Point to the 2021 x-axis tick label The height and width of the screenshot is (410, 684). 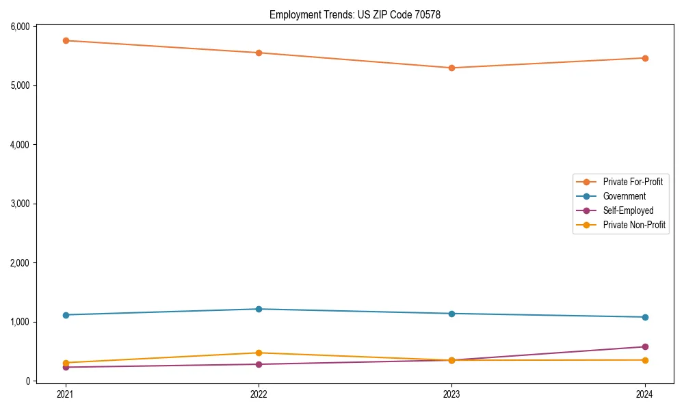[x=66, y=394]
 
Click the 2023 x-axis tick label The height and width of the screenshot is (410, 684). [x=451, y=394]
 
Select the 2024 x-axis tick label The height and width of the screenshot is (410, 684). [x=645, y=394]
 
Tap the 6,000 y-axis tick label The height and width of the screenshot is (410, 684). [x=19, y=27]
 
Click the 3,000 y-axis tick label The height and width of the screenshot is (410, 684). [x=19, y=204]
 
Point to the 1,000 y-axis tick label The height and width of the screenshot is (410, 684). [x=19, y=322]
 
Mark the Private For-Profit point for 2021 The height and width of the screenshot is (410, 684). [x=66, y=40]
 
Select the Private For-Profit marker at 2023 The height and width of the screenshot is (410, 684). [x=451, y=68]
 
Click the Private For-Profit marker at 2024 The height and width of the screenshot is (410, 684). [x=645, y=58]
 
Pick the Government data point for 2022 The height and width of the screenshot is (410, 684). [x=259, y=309]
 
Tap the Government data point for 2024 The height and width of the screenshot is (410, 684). [x=645, y=317]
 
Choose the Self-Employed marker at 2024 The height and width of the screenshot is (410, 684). [x=645, y=346]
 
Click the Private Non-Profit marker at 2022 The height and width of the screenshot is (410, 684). [x=259, y=353]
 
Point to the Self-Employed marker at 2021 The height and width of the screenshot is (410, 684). [x=66, y=367]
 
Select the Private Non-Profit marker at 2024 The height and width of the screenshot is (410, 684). [x=645, y=360]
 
